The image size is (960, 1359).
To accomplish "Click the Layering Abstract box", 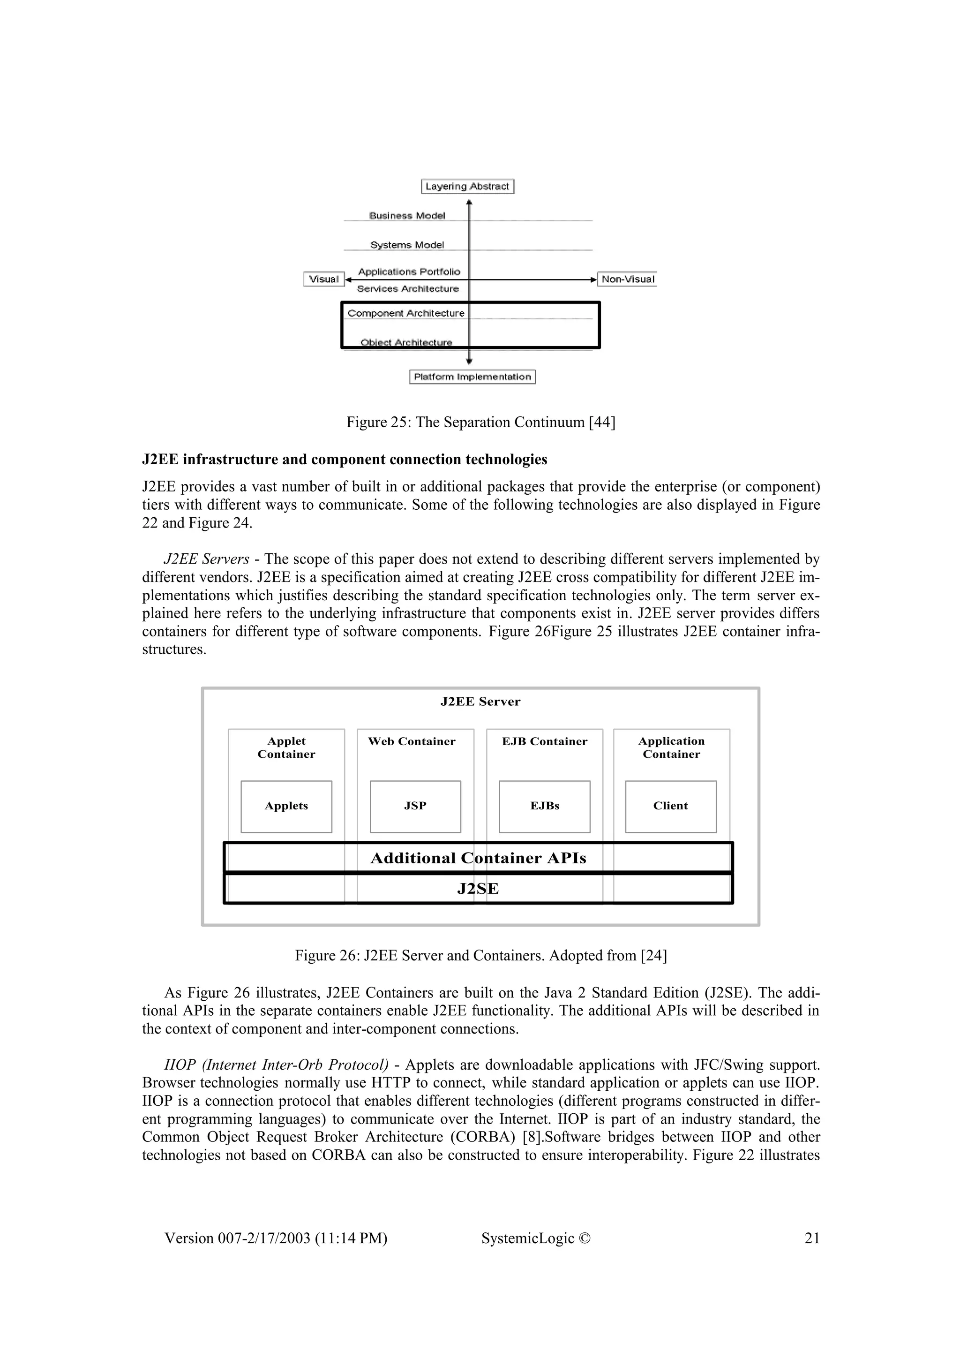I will click(467, 187).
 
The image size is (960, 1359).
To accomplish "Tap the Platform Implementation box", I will click(472, 377).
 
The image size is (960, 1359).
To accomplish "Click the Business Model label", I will click(407, 215).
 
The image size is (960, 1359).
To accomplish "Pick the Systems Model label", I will click(407, 244).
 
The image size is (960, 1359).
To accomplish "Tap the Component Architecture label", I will click(406, 313).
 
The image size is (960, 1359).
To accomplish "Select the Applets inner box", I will click(286, 806).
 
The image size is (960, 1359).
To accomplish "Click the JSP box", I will click(415, 806).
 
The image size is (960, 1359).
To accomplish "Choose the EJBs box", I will click(544, 806).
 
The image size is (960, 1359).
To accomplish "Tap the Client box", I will click(670, 806).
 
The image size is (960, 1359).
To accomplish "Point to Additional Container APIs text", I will click(478, 858).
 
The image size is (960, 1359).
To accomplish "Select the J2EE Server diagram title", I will click(480, 702).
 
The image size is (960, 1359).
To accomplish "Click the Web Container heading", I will click(412, 742).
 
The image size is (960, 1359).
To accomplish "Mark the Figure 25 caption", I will click(480, 423).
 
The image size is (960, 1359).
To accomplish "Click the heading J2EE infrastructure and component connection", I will click(344, 459).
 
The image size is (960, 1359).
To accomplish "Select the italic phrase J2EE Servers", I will click(206, 559).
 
